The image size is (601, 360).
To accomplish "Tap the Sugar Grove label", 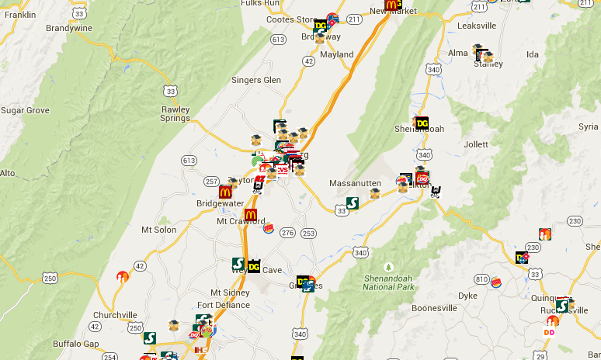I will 25,110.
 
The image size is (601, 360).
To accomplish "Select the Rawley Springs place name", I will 175,114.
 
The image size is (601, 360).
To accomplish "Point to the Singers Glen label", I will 256,80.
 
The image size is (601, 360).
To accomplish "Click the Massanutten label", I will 354,183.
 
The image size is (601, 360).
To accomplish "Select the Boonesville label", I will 433,308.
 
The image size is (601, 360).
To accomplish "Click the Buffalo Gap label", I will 76,344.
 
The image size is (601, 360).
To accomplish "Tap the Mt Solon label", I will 158,230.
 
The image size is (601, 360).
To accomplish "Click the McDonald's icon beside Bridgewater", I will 225,192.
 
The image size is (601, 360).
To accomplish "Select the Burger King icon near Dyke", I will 496,282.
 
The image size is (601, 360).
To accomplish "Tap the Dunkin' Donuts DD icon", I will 550,332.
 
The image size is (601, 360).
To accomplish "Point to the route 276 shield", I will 287,233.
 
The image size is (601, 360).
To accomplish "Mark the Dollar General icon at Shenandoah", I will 422,123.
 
